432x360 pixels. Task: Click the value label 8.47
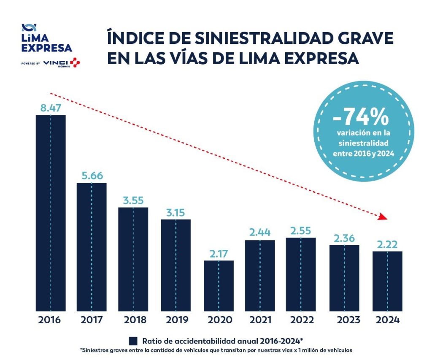pos(51,108)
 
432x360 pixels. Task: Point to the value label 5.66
pos(92,176)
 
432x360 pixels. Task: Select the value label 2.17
pos(219,254)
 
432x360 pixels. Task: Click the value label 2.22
pos(387,244)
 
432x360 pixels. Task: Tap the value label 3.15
pos(175,212)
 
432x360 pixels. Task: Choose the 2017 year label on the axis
pos(92,319)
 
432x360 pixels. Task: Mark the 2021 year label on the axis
pos(260,319)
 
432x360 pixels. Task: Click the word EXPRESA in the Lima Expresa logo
pos(46,47)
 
